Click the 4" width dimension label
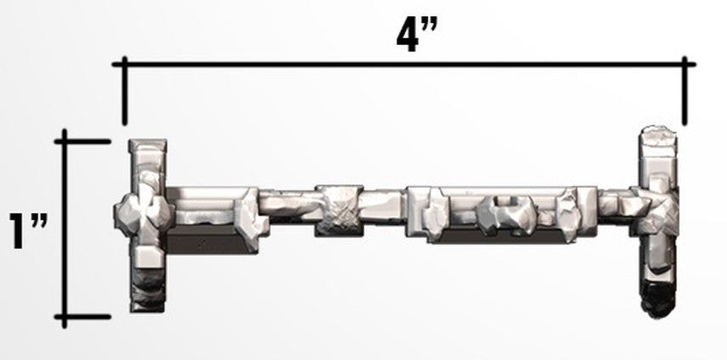[x=417, y=36]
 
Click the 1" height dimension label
[x=28, y=231]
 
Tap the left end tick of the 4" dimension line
[x=124, y=91]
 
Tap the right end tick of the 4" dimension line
[x=685, y=91]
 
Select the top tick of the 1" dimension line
[x=82, y=141]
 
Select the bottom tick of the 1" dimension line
[x=82, y=317]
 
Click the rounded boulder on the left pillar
[x=143, y=215]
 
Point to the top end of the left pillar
[x=148, y=145]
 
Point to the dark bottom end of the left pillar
[x=148, y=293]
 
